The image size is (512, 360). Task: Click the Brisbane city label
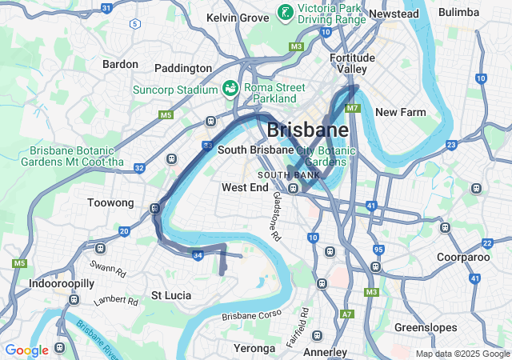coord(307,130)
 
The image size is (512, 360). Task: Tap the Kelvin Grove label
coord(238,17)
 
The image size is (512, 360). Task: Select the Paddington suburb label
coord(183,69)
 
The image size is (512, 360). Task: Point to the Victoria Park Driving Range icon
coord(284,12)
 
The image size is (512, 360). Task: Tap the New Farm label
coord(400,112)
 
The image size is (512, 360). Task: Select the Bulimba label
coord(458,12)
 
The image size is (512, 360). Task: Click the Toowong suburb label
coord(110,203)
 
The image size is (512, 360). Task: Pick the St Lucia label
coord(171,295)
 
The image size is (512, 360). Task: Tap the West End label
coord(245,187)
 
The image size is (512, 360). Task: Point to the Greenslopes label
coord(426,328)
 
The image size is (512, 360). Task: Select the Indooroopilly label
coord(62,283)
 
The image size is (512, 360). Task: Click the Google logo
coord(26,350)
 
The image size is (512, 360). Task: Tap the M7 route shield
coord(353,108)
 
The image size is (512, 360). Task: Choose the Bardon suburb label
coord(120,64)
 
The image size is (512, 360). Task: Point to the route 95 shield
coord(378,250)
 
